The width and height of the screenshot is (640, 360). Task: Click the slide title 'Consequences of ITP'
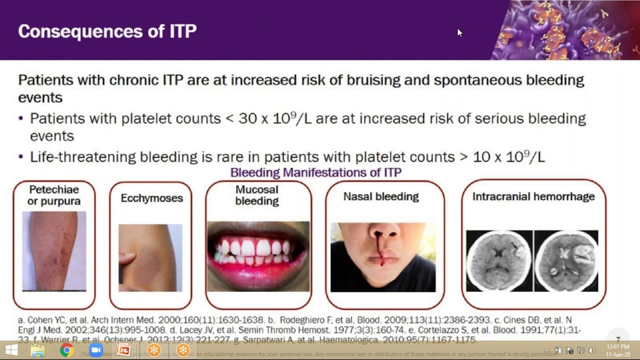tap(107, 31)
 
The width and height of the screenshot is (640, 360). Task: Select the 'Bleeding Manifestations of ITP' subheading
tap(315, 172)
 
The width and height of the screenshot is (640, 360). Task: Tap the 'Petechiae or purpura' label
tap(54, 195)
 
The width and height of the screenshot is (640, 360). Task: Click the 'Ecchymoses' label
tap(151, 198)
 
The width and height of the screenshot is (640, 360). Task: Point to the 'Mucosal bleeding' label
tap(257, 195)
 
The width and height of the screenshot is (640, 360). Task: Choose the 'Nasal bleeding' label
tap(381, 196)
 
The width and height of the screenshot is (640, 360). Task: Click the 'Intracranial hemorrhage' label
tap(533, 196)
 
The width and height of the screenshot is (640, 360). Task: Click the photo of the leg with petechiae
tap(54, 251)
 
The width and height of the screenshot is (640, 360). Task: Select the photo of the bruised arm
tap(150, 257)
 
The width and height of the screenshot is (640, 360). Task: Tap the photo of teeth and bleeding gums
tap(258, 256)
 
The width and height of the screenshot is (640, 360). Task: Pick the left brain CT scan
tap(499, 260)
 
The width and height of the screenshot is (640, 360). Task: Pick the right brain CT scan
tap(566, 260)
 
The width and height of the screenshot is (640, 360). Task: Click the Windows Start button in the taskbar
tap(11, 350)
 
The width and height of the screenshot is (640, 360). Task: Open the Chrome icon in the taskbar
tap(66, 350)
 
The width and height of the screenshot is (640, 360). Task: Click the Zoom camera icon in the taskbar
tap(95, 350)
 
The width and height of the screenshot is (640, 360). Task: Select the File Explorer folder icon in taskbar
tap(38, 350)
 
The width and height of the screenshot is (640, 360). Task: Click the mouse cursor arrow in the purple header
tap(459, 32)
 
